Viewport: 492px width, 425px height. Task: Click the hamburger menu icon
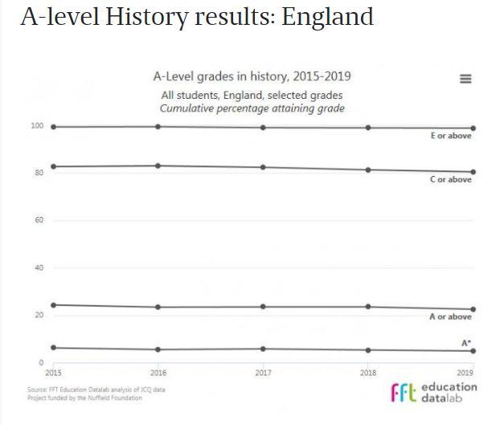click(465, 79)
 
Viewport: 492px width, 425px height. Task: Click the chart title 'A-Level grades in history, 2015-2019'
click(252, 77)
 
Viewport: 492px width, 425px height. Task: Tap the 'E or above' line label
click(450, 136)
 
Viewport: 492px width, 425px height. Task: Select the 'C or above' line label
click(450, 180)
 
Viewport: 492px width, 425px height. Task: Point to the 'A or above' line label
click(450, 317)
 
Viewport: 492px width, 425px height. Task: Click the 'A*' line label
click(465, 343)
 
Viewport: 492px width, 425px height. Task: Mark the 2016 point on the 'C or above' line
click(158, 166)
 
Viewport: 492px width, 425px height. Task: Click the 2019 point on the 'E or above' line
click(473, 128)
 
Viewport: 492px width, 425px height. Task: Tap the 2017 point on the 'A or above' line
click(263, 306)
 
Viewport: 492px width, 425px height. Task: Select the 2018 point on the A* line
click(368, 349)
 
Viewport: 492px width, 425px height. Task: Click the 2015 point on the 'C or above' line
click(53, 166)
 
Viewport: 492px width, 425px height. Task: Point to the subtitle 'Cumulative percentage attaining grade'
click(252, 108)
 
